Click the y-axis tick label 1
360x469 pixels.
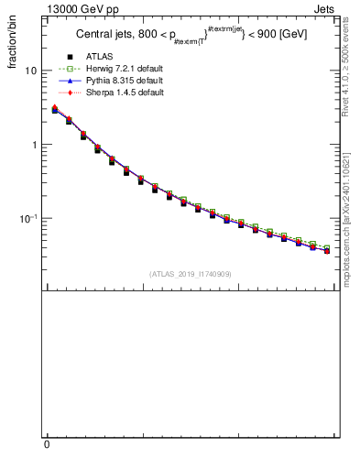pyautogui.click(x=34, y=145)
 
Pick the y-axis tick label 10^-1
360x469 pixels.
pyautogui.click(x=29, y=218)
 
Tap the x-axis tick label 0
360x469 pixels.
pyautogui.click(x=47, y=443)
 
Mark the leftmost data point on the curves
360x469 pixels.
pyautogui.click(x=55, y=109)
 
